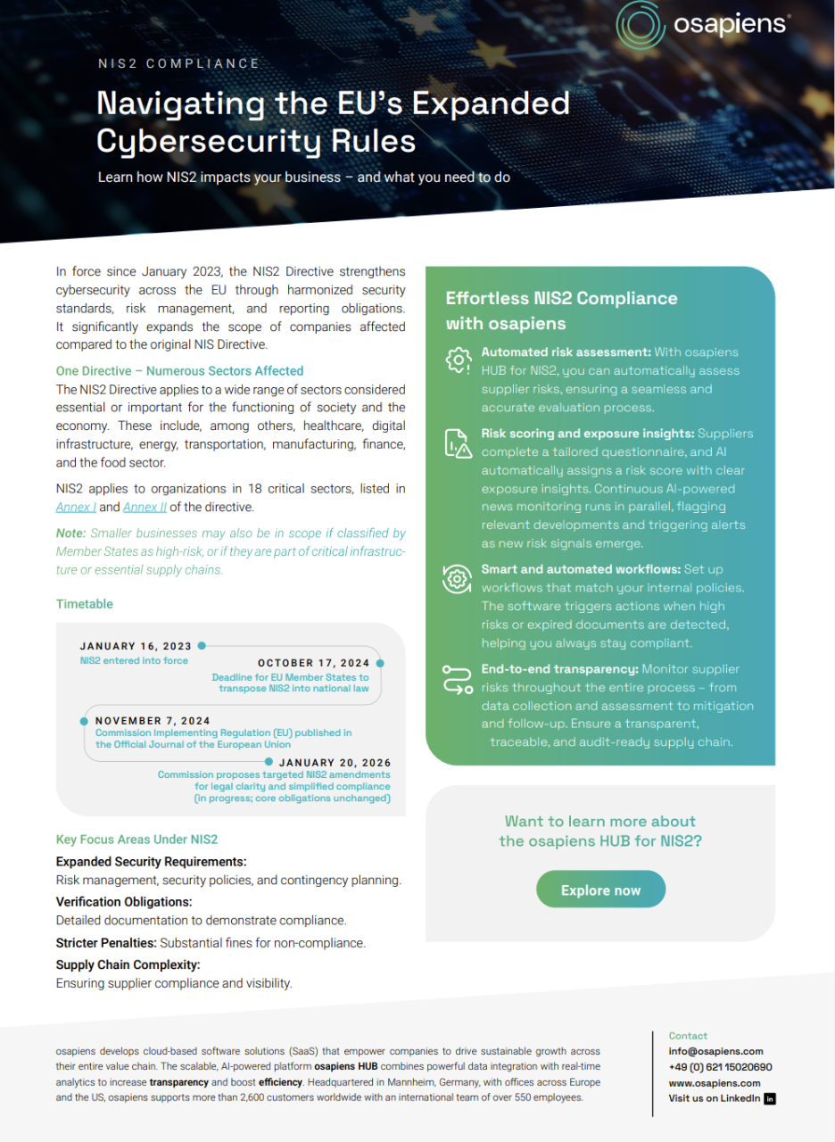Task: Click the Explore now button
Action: pos(600,890)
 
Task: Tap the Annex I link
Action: pos(76,508)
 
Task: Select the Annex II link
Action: pos(145,508)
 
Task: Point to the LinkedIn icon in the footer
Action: pos(771,1098)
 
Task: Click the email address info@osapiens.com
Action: pos(715,1051)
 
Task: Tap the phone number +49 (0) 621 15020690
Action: pos(720,1067)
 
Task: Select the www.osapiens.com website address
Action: pos(714,1083)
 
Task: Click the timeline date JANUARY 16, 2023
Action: pos(136,646)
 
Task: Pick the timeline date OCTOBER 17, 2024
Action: pos(313,663)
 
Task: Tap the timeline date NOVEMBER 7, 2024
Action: pos(153,720)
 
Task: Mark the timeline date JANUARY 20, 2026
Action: pos(335,763)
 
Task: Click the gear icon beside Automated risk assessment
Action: pos(458,359)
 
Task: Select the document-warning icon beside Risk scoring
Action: pos(458,443)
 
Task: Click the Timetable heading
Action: pos(85,604)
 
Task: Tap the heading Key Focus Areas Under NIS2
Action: pos(136,840)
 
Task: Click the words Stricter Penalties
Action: pos(106,942)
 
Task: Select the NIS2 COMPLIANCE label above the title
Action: pos(178,63)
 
